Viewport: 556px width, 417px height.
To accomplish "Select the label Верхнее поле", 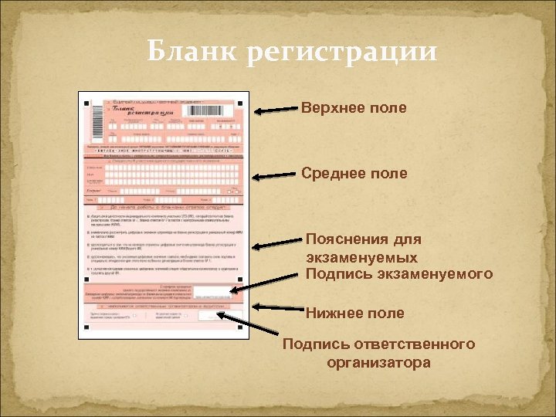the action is pos(354,108).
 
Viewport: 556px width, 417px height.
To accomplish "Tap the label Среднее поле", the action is pos(354,174).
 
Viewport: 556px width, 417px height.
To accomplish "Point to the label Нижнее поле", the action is pos(354,313).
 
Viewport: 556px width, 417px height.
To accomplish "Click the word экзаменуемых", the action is pos(362,257).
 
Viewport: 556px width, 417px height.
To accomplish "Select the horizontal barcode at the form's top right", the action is pos(209,111).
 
